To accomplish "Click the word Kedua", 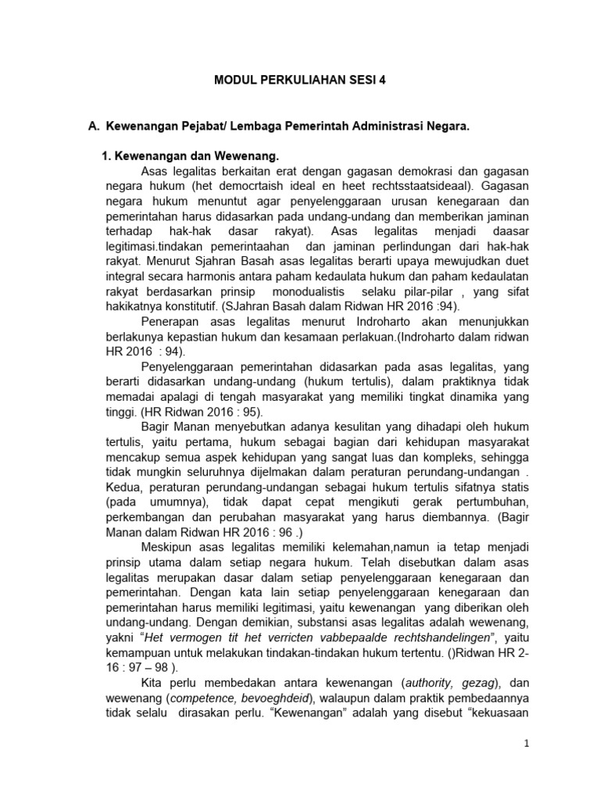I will point(123,486).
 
